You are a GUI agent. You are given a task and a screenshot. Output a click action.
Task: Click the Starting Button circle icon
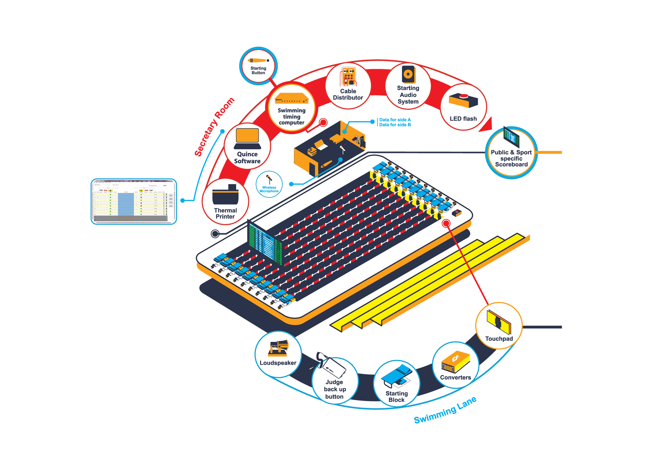click(258, 65)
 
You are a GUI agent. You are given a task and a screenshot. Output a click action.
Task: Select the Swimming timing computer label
click(291, 116)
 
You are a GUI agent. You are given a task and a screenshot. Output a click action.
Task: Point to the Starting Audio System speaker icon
click(408, 74)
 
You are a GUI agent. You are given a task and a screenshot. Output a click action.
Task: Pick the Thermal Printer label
click(225, 213)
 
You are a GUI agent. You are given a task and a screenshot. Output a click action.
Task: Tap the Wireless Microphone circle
click(269, 184)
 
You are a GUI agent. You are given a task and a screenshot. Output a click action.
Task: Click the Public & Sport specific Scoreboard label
click(511, 158)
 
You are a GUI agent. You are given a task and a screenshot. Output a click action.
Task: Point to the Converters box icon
click(455, 363)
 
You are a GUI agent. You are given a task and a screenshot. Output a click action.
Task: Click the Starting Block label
click(396, 397)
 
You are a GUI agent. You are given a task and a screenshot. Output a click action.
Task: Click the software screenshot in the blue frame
click(134, 202)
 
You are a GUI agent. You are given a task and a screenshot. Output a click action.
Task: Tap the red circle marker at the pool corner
click(446, 223)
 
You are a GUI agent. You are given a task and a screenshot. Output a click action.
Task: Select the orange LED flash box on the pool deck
click(457, 212)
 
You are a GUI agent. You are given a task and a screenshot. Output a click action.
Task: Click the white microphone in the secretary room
click(342, 148)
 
